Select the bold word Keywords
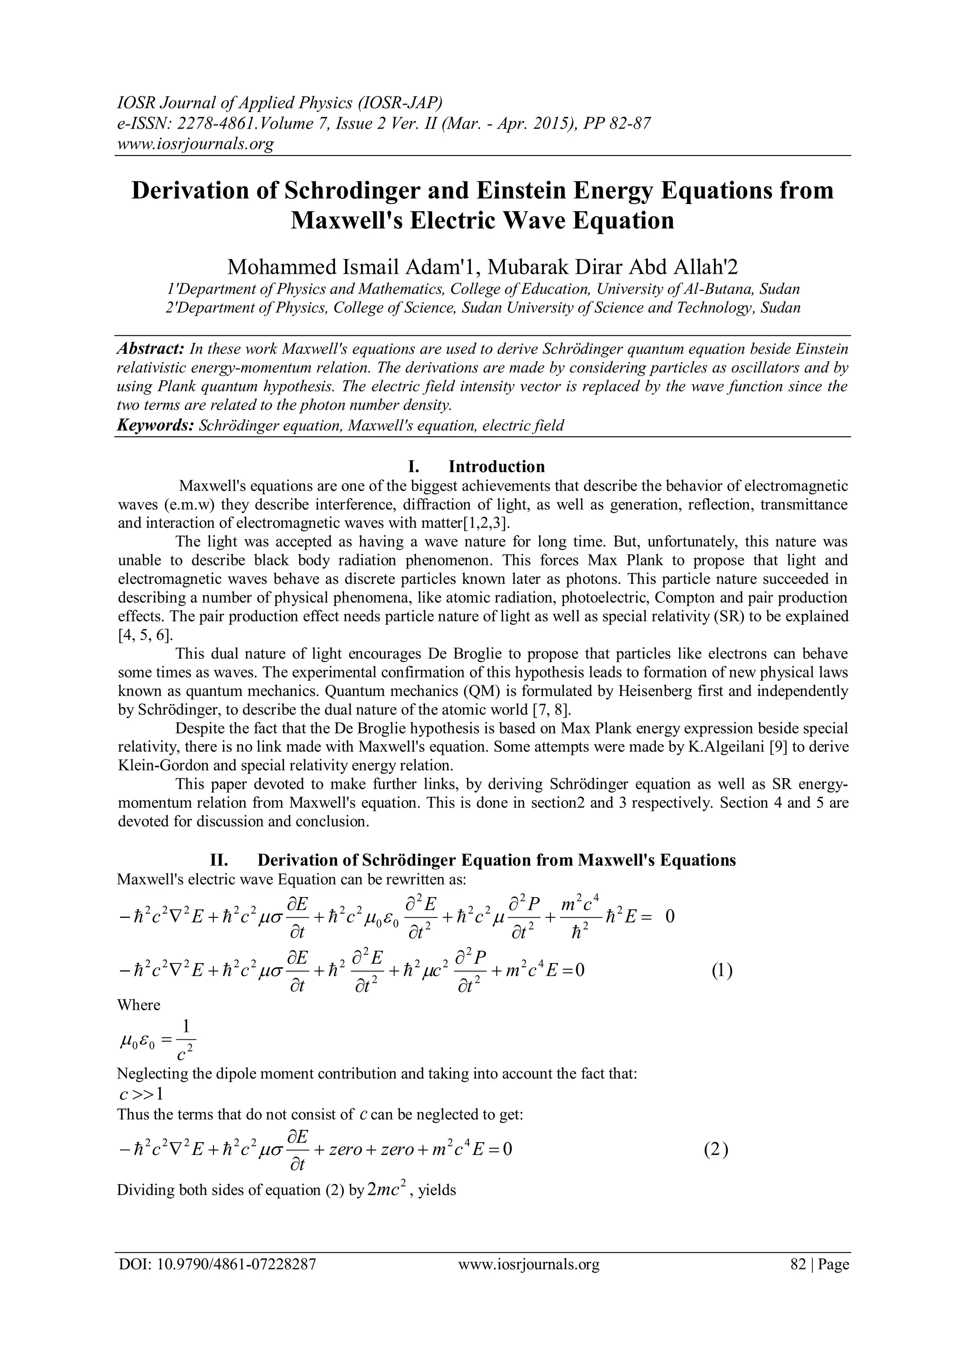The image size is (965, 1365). point(156,425)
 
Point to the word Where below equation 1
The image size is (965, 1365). point(139,1005)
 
